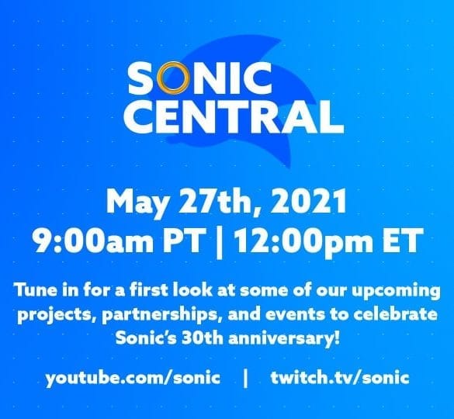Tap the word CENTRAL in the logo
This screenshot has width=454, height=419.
click(234, 117)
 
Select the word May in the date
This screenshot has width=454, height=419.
click(137, 202)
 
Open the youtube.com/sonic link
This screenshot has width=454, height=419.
click(133, 378)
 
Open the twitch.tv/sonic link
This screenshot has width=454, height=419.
click(340, 378)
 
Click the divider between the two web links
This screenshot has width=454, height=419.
click(245, 379)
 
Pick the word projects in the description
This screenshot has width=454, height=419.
click(56, 316)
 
